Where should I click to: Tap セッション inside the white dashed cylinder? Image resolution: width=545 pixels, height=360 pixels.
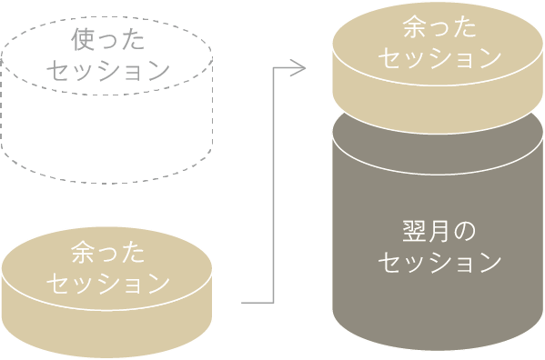coord(107,70)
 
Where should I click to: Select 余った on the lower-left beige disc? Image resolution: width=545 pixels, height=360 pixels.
coord(107,252)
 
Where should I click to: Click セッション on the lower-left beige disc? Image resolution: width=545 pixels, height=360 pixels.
coord(107,283)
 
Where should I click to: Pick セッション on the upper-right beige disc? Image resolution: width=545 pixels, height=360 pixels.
coord(439,57)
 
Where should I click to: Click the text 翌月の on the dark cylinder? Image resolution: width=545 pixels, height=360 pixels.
coord(439,231)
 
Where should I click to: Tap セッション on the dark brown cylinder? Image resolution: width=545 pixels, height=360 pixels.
coord(439,263)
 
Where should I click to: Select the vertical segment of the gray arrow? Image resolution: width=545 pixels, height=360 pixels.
coord(274,182)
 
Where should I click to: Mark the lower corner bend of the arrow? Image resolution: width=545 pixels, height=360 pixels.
coord(274,301)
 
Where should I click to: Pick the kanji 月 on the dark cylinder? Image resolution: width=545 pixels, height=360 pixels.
coord(439,231)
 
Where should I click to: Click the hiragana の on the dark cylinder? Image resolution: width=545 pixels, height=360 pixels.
coord(465,232)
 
